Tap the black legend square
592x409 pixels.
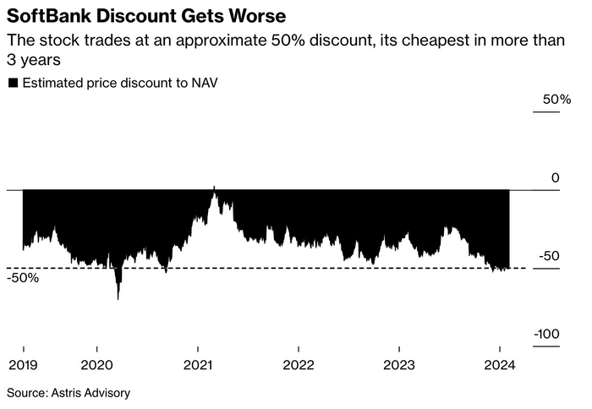13,83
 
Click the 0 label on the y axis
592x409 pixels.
555,177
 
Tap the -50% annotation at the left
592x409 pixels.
24,278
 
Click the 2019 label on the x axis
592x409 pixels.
23,365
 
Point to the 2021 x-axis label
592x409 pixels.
197,365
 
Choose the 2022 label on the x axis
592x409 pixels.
298,365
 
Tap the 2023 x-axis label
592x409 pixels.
398,365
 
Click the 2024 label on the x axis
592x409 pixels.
499,365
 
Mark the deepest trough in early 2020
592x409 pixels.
118,297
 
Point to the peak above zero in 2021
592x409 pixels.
214,188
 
